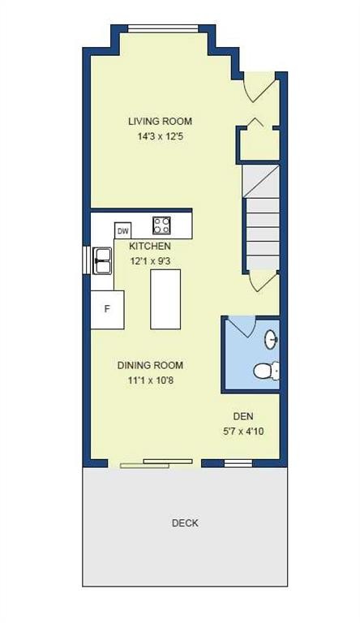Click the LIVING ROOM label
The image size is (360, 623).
(x=160, y=122)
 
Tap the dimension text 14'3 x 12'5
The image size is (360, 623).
(x=160, y=137)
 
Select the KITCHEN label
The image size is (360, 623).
(x=150, y=246)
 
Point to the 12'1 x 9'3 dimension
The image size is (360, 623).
(x=150, y=261)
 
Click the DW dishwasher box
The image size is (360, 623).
(x=123, y=230)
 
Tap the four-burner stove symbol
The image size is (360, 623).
(x=162, y=225)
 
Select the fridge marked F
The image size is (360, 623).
(x=106, y=309)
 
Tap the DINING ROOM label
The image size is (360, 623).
(x=150, y=365)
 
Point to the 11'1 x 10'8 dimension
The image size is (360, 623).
(x=150, y=380)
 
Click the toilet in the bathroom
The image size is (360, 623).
(x=265, y=372)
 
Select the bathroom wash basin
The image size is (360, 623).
(x=272, y=338)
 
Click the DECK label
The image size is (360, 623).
(x=185, y=523)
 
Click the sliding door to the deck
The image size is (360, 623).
(x=156, y=463)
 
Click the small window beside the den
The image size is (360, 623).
(x=237, y=463)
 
